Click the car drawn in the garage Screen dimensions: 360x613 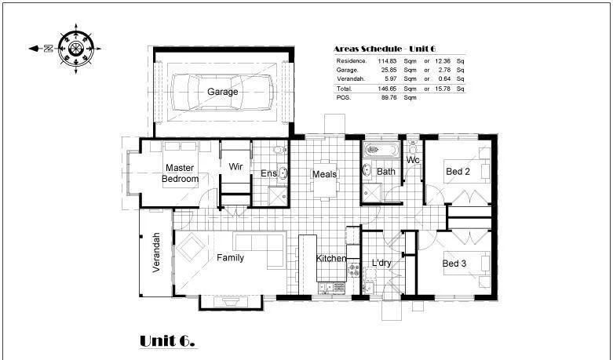222,92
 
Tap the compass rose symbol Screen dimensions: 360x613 76,48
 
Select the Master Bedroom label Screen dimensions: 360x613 180,173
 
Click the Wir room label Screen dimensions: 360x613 235,167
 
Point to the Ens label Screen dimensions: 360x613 268,173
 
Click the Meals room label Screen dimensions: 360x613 324,174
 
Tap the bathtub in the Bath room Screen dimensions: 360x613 382,150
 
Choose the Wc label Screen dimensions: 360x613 413,161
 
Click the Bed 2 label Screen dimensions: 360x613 458,172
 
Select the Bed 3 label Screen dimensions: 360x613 454,264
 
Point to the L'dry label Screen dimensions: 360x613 381,263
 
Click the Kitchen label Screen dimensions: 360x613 331,259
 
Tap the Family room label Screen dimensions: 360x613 230,257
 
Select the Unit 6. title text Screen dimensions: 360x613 167,340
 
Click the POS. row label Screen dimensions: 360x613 343,98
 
